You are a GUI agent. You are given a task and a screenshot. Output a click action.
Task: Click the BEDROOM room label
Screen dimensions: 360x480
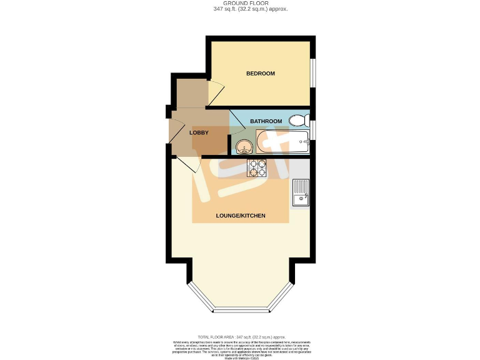click(260, 74)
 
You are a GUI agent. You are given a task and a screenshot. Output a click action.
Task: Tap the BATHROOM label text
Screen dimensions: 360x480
click(266, 121)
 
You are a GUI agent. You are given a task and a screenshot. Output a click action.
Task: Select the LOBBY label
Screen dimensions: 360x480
click(199, 132)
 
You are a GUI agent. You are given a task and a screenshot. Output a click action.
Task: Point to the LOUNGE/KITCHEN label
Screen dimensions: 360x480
click(241, 216)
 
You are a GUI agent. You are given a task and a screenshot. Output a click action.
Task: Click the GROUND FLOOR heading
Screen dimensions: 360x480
click(241, 3)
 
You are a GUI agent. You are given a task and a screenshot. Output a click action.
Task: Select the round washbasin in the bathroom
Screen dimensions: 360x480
click(244, 147)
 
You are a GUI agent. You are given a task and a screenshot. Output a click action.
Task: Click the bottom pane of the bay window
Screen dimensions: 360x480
click(241, 309)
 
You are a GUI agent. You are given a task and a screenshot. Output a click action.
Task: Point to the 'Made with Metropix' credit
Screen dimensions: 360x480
click(241, 357)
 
